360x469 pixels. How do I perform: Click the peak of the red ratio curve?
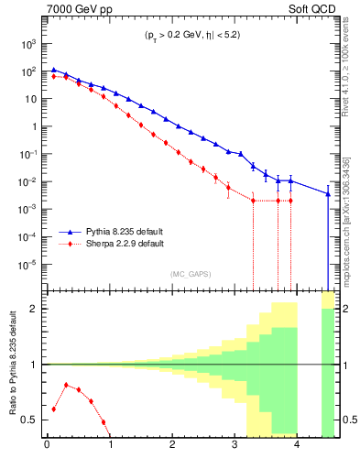coord(65,385)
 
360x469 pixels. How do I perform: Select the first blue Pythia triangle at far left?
coord(53,70)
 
